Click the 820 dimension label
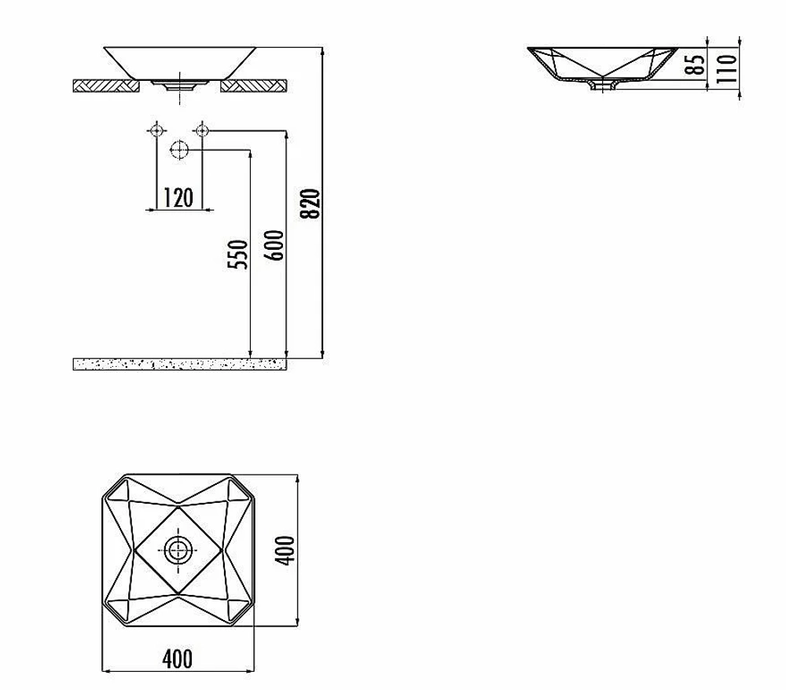click(x=311, y=204)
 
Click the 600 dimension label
click(x=274, y=245)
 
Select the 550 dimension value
click(x=237, y=255)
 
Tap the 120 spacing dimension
click(x=178, y=197)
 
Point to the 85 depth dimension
click(x=695, y=64)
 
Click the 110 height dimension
click(x=727, y=68)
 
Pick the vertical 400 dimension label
click(x=286, y=550)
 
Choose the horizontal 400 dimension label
click(x=178, y=659)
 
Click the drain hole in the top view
click(x=178, y=550)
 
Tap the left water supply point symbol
click(x=157, y=130)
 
